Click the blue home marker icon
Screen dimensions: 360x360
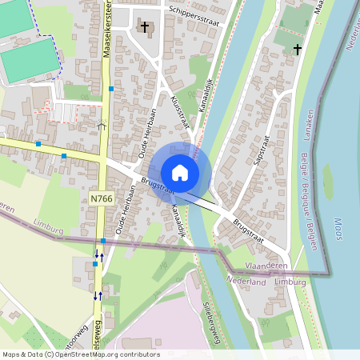click(180, 172)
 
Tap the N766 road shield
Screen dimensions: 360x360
click(101, 198)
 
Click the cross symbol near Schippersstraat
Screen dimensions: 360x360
click(145, 27)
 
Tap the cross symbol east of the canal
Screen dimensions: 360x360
click(297, 50)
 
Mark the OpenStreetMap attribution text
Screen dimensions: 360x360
click(81, 354)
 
